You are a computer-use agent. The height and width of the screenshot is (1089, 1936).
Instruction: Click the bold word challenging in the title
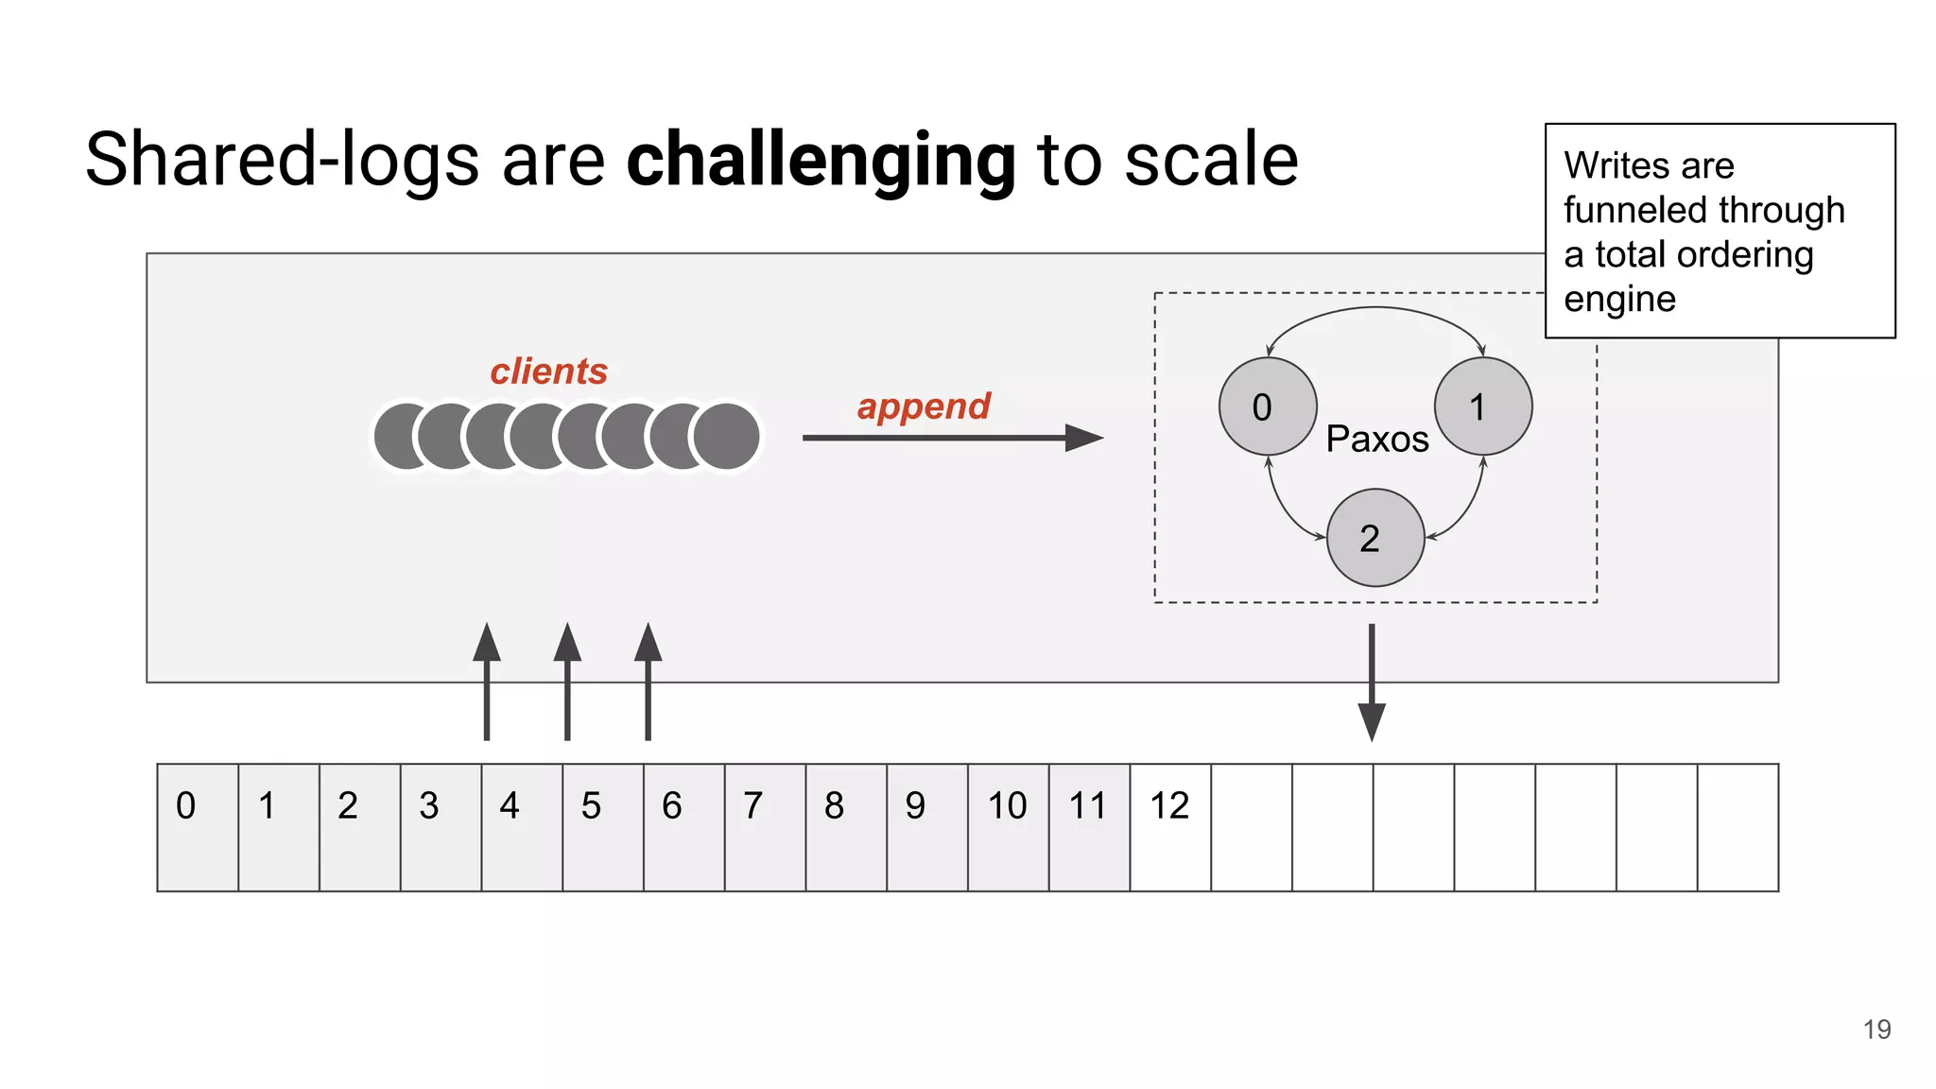pos(821,161)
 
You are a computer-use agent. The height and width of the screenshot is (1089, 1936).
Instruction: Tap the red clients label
pos(548,372)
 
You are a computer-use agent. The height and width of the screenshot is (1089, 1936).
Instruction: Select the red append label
pos(924,406)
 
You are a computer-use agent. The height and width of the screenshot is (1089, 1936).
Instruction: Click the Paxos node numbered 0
pos(1267,406)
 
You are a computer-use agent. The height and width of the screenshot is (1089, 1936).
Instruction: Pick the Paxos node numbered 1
pos(1482,406)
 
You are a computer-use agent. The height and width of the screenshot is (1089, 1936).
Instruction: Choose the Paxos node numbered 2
pos(1374,538)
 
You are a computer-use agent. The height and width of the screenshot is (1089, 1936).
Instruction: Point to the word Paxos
pos(1376,440)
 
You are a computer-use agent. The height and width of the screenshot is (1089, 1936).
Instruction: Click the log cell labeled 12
pos(1170,826)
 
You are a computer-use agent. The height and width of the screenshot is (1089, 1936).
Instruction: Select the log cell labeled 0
pos(198,826)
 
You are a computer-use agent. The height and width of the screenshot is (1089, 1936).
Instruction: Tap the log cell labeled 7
pos(765,826)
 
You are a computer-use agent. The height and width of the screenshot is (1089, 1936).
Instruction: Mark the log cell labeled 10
pos(1008,826)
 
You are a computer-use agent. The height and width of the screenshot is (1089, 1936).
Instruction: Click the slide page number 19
pos(1876,1029)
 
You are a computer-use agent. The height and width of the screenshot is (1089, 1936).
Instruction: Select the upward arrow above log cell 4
pos(487,681)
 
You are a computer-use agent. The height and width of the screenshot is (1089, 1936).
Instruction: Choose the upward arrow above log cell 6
pos(648,681)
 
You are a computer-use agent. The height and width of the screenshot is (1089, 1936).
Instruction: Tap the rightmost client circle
pos(726,436)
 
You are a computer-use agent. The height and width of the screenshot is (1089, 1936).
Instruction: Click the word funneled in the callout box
pos(1624,210)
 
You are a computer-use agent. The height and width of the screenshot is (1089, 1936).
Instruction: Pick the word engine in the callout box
pos(1619,300)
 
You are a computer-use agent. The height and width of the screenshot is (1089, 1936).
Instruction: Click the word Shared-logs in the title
pos(282,161)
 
